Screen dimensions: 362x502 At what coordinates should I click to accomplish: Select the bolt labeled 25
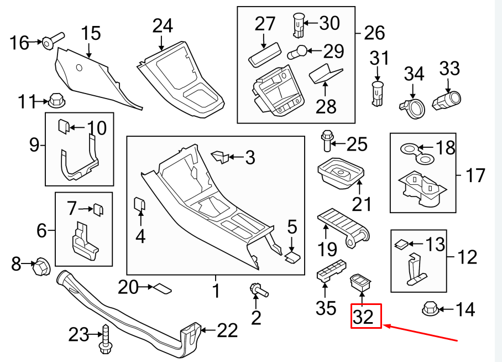pos(327,141)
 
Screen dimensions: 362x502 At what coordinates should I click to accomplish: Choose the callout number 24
pos(162,25)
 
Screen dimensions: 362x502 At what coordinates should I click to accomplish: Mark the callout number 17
pos(475,175)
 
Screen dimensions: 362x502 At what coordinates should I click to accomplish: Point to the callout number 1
pos(216,290)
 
